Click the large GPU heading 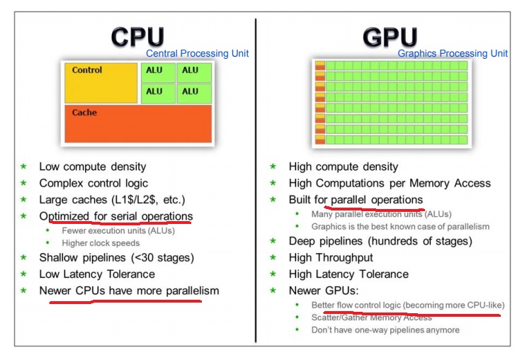[x=390, y=38]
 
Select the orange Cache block [x=138, y=124]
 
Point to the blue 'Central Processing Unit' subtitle [x=197, y=54]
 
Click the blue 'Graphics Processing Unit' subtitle [x=453, y=54]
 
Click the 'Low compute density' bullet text [x=93, y=167]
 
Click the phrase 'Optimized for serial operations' [x=115, y=216]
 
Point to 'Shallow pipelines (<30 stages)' [x=116, y=257]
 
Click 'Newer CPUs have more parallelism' [x=129, y=291]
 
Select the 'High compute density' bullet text [x=344, y=167]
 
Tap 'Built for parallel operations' [x=356, y=200]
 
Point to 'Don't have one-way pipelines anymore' [x=385, y=330]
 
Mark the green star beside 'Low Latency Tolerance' [x=23, y=274]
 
